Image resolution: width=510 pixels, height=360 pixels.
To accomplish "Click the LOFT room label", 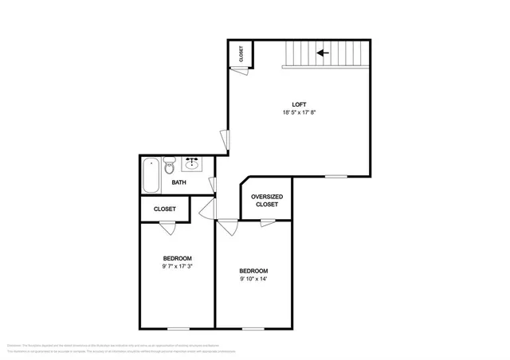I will pyautogui.click(x=299, y=104).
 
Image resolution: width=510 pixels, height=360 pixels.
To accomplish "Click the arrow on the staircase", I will pyautogui.click(x=323, y=53).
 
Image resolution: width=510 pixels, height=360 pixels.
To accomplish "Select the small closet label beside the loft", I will pyautogui.click(x=241, y=54).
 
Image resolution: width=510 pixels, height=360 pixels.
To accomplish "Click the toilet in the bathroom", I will pyautogui.click(x=169, y=167).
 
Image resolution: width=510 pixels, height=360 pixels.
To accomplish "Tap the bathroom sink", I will pyautogui.click(x=192, y=165).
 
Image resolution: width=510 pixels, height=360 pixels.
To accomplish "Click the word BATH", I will pyautogui.click(x=179, y=183).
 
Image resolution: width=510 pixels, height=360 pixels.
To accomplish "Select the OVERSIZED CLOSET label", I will pyautogui.click(x=267, y=201).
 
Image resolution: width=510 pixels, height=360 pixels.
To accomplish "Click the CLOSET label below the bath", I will pyautogui.click(x=165, y=209).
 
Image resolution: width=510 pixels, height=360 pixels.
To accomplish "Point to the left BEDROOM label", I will pyautogui.click(x=177, y=258).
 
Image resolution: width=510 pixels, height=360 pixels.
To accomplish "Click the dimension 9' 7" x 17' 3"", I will pyautogui.click(x=177, y=266).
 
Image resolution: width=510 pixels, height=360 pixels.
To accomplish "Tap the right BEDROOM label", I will pyautogui.click(x=253, y=271).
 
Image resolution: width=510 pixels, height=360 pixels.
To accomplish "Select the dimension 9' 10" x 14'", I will pyautogui.click(x=253, y=279).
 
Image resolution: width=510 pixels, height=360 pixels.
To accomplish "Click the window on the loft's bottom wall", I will pyautogui.click(x=335, y=176).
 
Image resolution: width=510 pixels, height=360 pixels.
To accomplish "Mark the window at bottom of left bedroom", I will pyautogui.click(x=178, y=328).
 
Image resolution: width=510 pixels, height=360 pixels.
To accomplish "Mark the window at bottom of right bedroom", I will pyautogui.click(x=253, y=328).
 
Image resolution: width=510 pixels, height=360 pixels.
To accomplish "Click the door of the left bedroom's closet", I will pyautogui.click(x=167, y=226).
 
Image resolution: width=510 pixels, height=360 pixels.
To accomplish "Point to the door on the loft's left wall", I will pyautogui.click(x=226, y=139).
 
